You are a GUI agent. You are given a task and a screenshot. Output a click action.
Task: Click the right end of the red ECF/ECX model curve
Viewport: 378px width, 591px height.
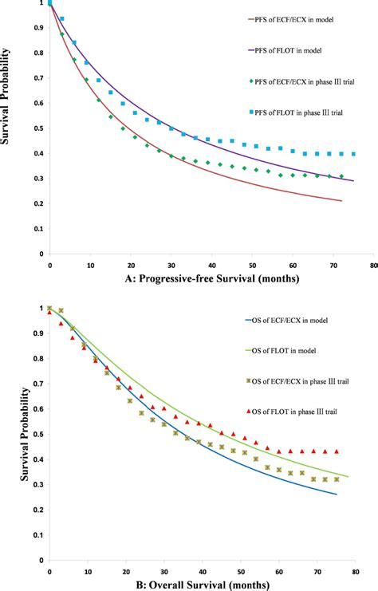point(341,201)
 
